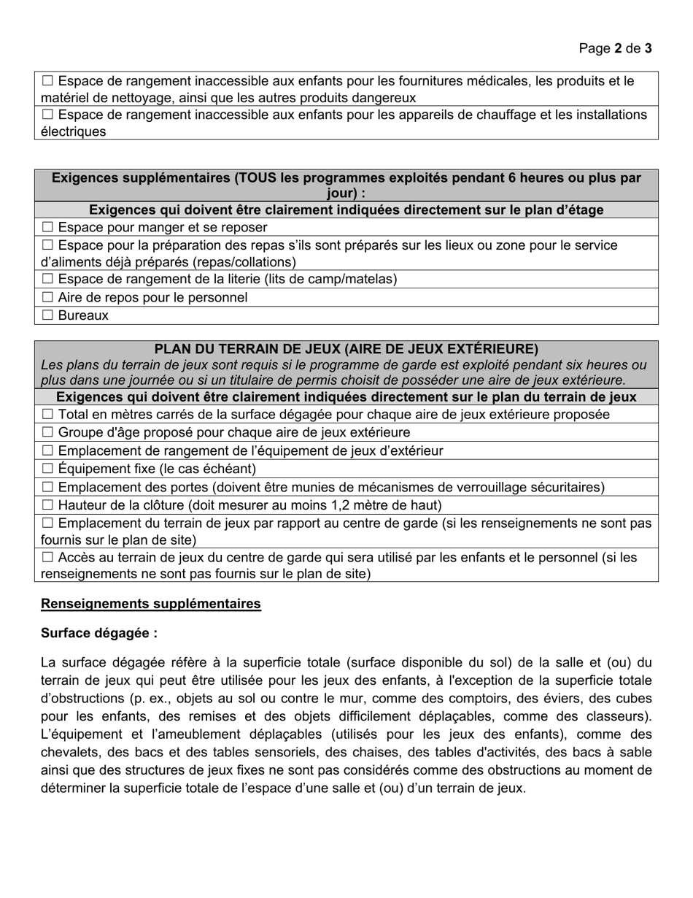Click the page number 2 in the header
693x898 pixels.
619,48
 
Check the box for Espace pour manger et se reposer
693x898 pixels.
48,227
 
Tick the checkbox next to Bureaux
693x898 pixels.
48,315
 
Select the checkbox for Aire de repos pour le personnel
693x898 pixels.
48,297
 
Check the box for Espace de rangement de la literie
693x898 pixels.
48,279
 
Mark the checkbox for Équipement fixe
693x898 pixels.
48,469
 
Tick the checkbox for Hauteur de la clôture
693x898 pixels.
48,505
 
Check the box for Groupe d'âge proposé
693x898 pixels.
48,432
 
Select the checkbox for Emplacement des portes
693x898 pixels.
48,487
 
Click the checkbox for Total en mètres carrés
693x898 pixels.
48,414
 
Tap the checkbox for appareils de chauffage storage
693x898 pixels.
48,115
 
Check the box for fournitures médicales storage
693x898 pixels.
48,81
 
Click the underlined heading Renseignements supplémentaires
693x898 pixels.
151,604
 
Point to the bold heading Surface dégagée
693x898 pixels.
99,633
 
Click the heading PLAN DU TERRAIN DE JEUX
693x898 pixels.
346,349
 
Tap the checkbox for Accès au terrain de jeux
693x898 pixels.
48,558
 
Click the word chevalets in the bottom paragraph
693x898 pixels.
71,752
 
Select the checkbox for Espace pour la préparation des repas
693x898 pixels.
48,245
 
